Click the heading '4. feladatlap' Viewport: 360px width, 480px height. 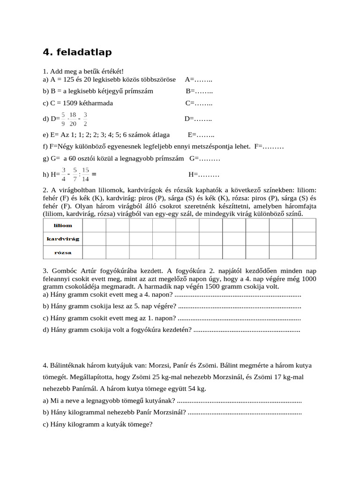click(77, 52)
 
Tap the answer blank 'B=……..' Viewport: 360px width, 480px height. click(199, 91)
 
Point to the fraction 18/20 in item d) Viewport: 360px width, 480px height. click(73, 119)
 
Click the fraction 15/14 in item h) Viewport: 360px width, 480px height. click(85, 174)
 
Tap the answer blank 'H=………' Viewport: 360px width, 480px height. click(204, 175)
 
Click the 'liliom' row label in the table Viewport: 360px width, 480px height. click(63, 225)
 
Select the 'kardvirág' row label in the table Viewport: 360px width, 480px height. click(63, 239)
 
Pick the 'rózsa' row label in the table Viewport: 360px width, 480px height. click(63, 252)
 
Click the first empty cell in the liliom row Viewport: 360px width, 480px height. click(94, 225)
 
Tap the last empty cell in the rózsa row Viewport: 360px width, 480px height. click(304, 252)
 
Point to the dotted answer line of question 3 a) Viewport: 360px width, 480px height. click(237, 295)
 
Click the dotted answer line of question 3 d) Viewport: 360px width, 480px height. click(247, 330)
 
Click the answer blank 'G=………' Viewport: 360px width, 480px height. click(205, 159)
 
